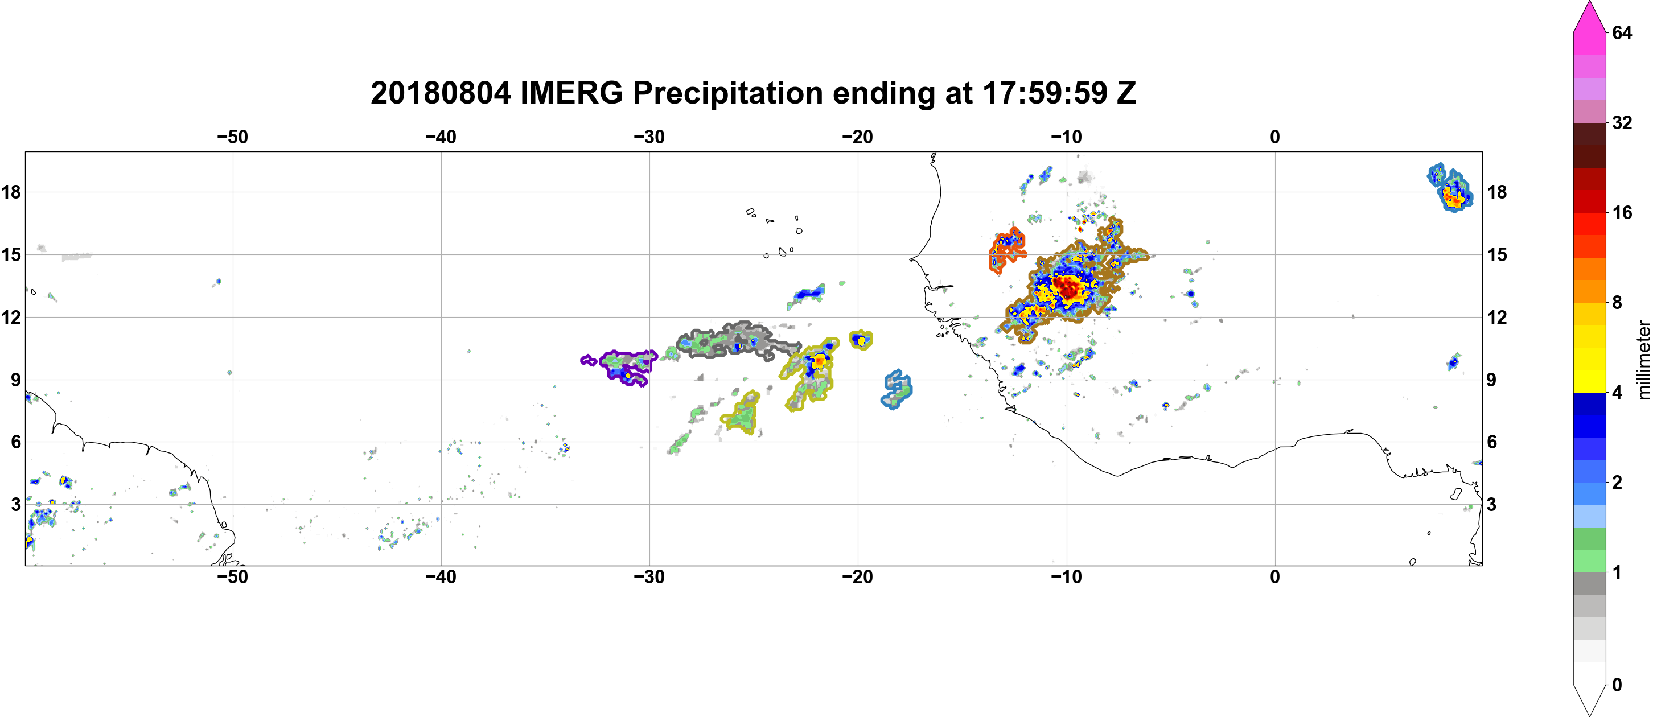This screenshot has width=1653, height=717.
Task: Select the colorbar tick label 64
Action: point(1622,32)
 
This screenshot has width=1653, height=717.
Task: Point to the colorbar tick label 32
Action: point(1622,122)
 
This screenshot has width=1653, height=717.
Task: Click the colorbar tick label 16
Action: point(1622,212)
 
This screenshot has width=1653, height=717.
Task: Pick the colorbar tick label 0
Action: point(1617,685)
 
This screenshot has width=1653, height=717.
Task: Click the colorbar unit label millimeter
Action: point(1643,360)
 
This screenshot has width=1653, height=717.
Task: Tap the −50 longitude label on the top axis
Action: point(232,137)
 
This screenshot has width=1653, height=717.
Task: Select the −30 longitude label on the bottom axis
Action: point(649,577)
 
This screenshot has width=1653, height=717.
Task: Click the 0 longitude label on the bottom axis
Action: point(1275,577)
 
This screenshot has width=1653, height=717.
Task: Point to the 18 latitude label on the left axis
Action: point(11,192)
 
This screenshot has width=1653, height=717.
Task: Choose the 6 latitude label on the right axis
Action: point(1492,442)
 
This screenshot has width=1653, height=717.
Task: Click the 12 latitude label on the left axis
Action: point(11,317)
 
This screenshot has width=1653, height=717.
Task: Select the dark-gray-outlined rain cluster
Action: point(738,340)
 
